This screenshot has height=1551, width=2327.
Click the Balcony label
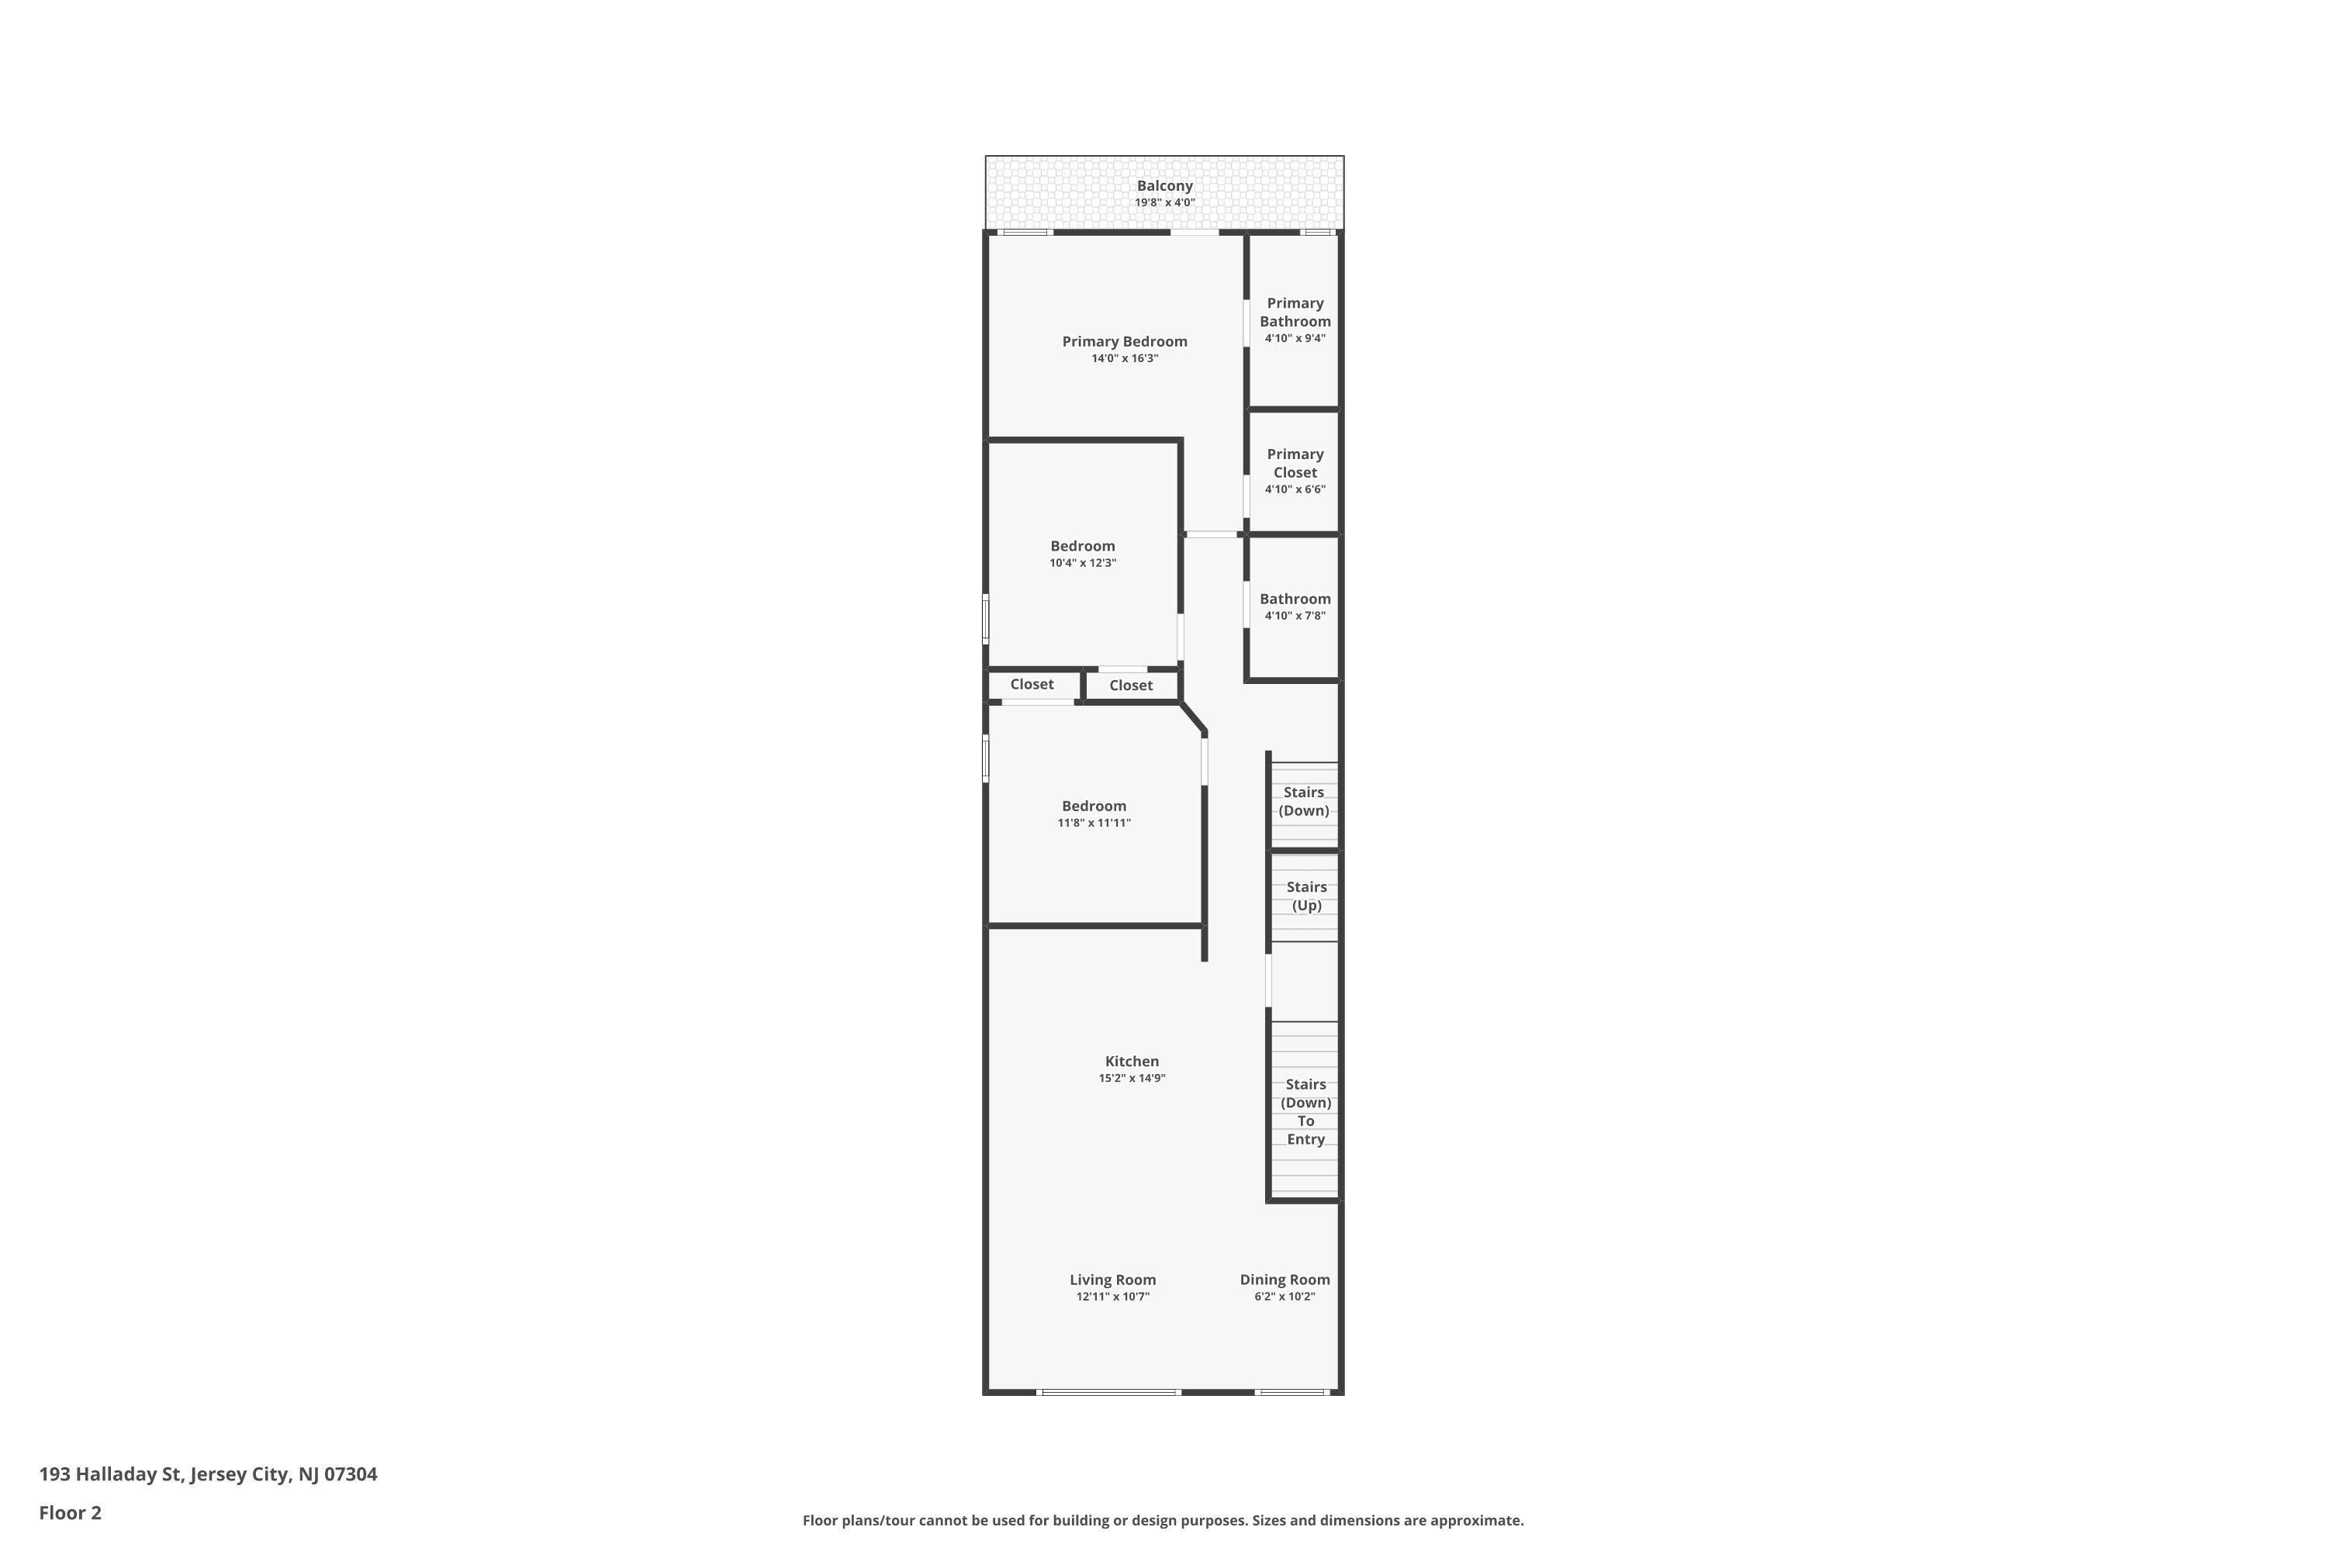coord(1164,186)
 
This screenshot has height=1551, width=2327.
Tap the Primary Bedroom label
coord(1125,342)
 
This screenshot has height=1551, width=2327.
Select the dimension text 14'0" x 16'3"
coord(1125,359)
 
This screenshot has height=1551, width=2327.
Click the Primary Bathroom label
coord(1295,313)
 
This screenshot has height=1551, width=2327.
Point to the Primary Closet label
coord(1295,463)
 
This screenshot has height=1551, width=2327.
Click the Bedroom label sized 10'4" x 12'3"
coord(1082,546)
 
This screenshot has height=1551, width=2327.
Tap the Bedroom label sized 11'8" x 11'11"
coord(1094,807)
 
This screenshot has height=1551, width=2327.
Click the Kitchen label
coord(1132,1062)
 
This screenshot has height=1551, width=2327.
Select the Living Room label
coord(1113,1280)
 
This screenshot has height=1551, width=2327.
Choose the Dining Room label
coord(1285,1280)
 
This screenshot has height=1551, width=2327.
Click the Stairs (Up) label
coord(1306,896)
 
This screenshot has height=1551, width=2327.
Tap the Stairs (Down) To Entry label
coord(1306,1112)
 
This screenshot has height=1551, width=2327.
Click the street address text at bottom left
coord(208,1474)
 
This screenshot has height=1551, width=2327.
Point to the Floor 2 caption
coord(71,1512)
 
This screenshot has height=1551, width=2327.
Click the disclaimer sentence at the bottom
coord(1163,1520)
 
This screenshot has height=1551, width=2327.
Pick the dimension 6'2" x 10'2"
coord(1285,1297)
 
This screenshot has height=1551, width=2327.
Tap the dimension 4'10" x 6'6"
coord(1295,489)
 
